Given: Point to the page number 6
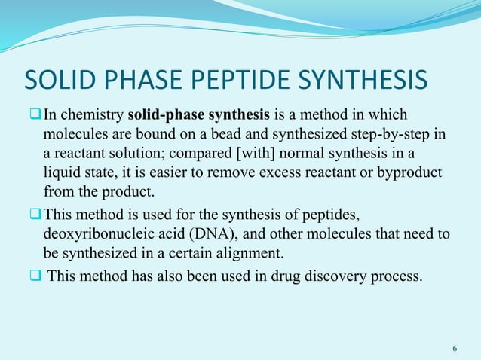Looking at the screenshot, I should coord(454,349).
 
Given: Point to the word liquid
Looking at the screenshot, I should coord(61,172).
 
